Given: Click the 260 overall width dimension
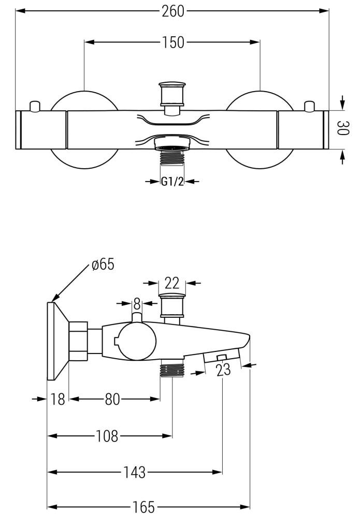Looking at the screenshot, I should point(172,11).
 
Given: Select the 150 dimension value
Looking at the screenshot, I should point(172,42).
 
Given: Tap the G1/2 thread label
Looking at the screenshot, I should point(172,181).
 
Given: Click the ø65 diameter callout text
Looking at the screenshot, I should point(103,264).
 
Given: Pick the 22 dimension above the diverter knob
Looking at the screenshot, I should point(172,283).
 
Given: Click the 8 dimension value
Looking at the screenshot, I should point(137,303).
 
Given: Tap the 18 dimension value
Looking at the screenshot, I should point(58,399).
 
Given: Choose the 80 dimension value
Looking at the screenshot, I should point(113,399).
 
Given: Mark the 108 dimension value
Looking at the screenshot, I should point(107,436).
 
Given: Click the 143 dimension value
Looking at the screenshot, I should point(134,472).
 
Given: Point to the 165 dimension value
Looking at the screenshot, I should point(143,507).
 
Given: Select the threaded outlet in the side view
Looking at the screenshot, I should point(172,370).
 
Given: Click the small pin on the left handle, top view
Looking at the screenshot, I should point(35,106).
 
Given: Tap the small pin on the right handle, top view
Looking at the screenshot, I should point(309,106).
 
